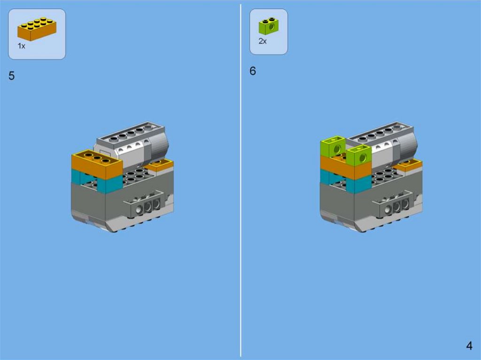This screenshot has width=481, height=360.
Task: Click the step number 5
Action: (x=12, y=76)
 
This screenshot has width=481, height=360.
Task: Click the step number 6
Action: (x=252, y=71)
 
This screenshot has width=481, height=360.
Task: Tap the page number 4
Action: (x=469, y=345)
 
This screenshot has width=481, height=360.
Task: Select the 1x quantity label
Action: (x=22, y=46)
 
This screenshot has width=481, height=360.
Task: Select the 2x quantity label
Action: (x=263, y=41)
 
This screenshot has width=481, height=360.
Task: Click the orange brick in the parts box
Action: (x=37, y=29)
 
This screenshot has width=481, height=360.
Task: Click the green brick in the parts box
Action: (x=268, y=26)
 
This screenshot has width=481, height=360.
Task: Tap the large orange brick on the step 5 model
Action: (x=96, y=164)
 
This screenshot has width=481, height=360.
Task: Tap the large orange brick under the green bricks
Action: (x=346, y=168)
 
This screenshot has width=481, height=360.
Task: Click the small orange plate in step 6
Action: (x=408, y=166)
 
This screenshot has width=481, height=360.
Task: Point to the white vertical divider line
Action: (x=241, y=180)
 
